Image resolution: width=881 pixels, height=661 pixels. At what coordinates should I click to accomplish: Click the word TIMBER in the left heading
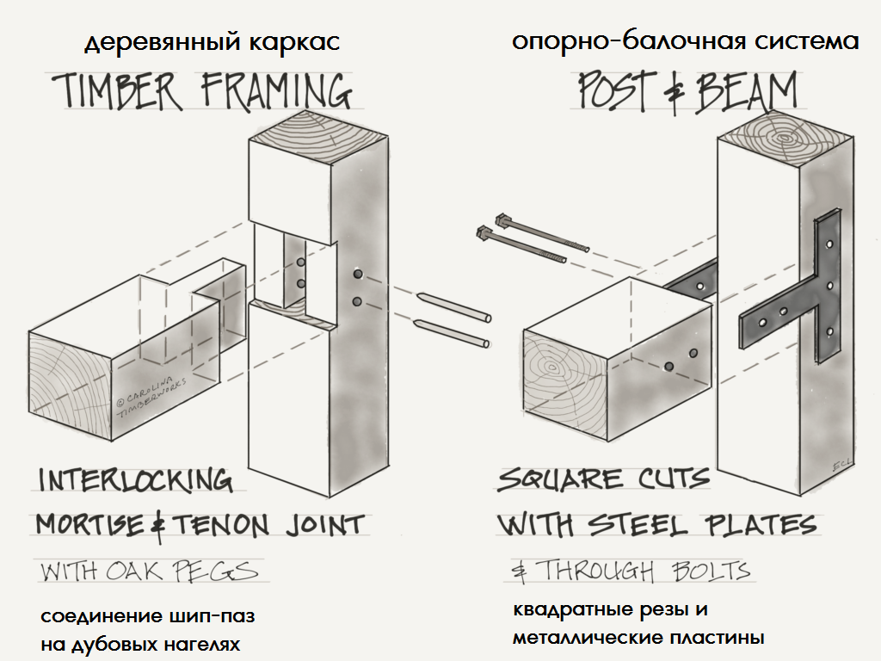point(115,90)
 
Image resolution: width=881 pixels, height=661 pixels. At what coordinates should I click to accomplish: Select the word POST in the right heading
point(613,90)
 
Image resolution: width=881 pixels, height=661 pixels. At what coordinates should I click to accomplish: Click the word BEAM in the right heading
point(747,90)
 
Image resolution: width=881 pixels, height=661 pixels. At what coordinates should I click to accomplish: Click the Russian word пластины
point(719,639)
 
